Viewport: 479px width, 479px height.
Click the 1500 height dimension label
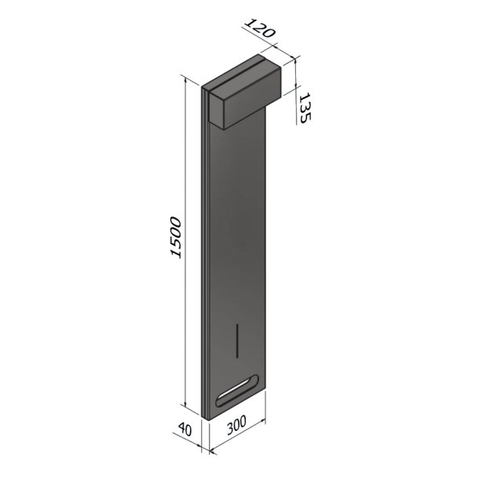click(x=176, y=238)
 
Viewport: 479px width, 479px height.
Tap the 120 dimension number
click(x=260, y=28)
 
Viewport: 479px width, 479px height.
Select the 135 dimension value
click(x=305, y=108)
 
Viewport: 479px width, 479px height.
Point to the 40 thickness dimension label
click(x=185, y=430)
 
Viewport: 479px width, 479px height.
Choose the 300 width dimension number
click(x=236, y=426)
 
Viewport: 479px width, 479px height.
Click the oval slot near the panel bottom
click(x=237, y=390)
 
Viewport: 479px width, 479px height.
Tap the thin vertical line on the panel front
click(x=237, y=340)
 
